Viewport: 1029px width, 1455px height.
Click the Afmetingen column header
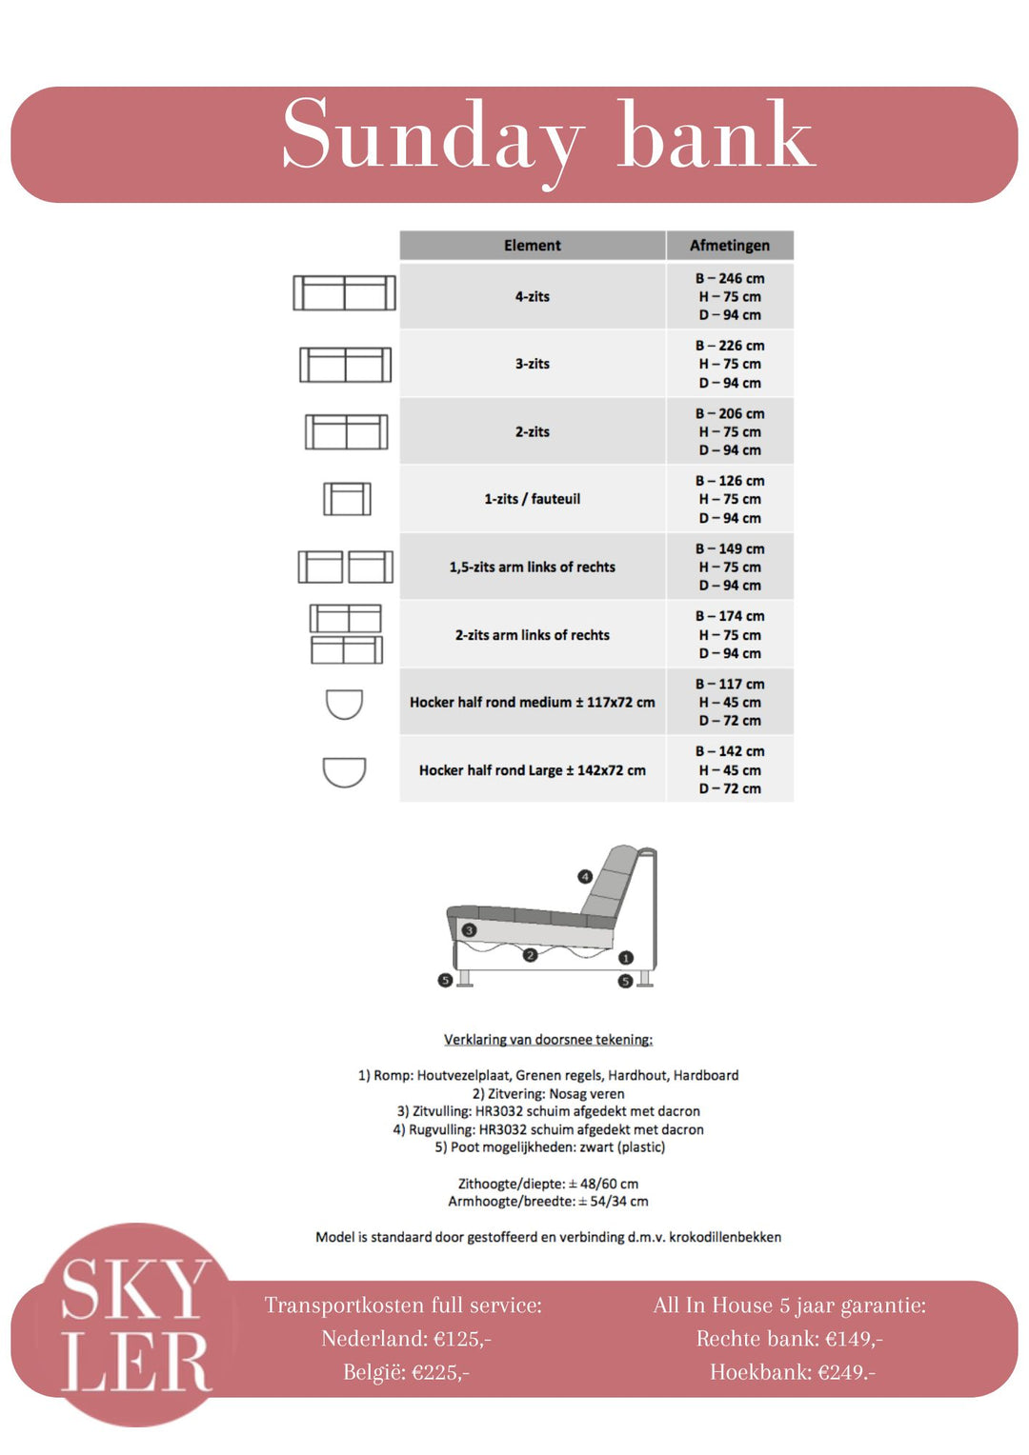tap(729, 246)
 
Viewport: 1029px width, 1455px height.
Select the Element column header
tap(532, 246)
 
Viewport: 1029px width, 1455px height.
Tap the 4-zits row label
tap(532, 297)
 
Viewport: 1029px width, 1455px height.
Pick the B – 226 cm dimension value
tap(730, 346)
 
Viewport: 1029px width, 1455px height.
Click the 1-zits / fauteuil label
tap(532, 499)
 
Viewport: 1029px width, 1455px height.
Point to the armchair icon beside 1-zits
tap(347, 499)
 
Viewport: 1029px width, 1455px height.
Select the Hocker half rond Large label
tap(532, 770)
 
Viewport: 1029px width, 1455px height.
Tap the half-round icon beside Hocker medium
tap(344, 704)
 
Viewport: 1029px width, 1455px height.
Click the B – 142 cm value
tap(730, 751)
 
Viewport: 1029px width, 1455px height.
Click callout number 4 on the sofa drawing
tap(585, 876)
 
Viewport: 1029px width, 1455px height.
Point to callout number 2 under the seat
tap(530, 954)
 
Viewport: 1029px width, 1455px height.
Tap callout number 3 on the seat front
tap(469, 929)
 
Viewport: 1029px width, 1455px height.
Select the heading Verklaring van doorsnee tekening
tap(548, 1040)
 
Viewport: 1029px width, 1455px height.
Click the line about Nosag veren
tap(548, 1094)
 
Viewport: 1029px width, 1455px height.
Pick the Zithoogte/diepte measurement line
tap(548, 1184)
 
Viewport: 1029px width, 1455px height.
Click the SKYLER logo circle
tap(136, 1325)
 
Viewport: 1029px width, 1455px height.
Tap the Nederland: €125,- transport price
tap(406, 1339)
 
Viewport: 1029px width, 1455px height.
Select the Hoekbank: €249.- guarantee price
tap(792, 1372)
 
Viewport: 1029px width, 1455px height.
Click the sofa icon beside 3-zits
tap(345, 365)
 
